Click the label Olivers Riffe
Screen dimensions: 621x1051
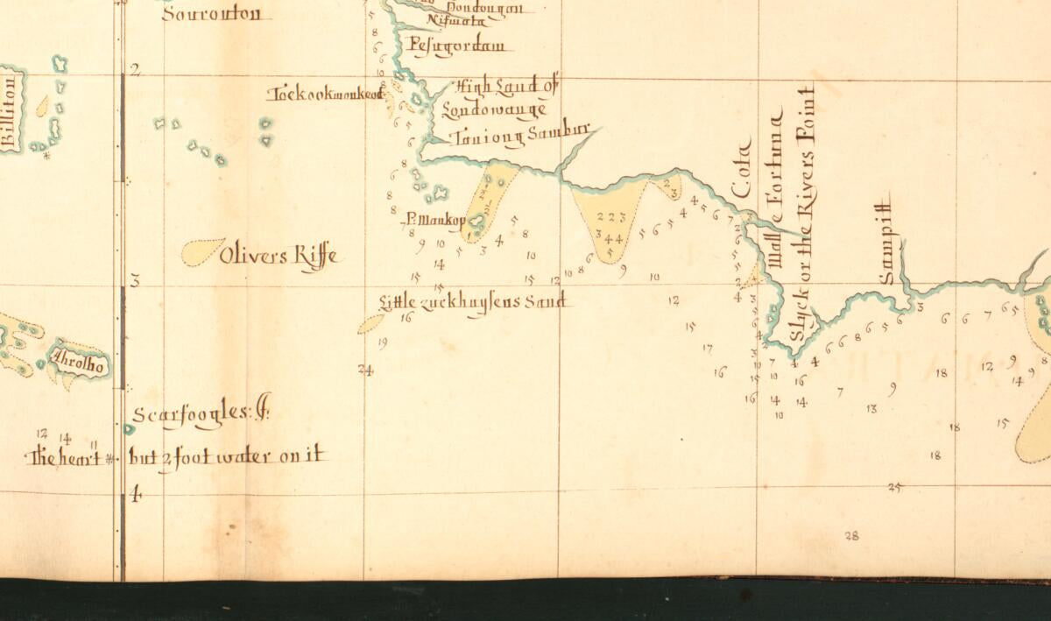[x=278, y=257]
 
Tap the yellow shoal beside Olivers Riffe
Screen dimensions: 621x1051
[x=202, y=251]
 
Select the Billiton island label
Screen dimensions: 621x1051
[x=11, y=109]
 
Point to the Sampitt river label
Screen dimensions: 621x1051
[x=888, y=238]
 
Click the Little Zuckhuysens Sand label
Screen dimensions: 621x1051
[x=473, y=303]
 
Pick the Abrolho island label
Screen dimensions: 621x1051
[x=79, y=363]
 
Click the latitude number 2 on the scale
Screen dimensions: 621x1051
[x=136, y=71]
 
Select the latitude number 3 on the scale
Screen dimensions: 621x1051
[x=136, y=281]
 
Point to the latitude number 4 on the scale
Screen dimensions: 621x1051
[x=136, y=496]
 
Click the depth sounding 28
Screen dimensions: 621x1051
[x=851, y=536]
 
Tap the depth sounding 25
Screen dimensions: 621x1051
[x=894, y=488]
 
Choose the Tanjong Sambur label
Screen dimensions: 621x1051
[x=522, y=137]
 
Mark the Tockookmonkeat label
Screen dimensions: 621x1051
[x=326, y=95]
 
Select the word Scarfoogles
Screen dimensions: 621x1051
[x=191, y=413]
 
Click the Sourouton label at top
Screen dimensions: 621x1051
[x=211, y=14]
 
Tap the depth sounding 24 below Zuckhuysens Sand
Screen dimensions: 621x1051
[x=365, y=370]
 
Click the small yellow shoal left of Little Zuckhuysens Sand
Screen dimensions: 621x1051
[x=370, y=324]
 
